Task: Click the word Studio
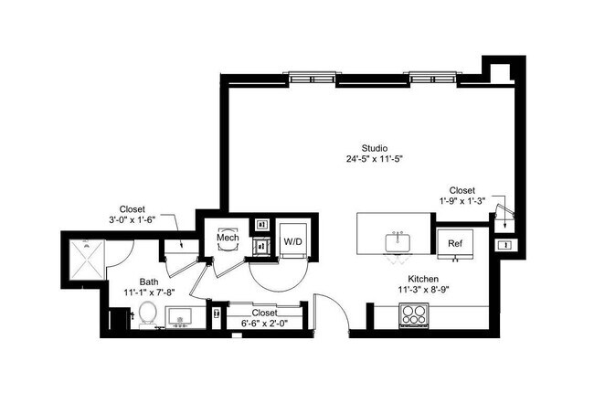point(375,147)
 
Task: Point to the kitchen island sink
point(398,244)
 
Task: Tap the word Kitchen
point(424,278)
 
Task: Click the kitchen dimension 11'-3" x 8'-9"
point(424,289)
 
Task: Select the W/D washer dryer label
point(293,242)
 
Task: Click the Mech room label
point(228,239)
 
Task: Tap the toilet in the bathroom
point(146,315)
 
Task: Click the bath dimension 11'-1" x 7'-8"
point(150,292)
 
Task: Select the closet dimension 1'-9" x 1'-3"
point(467,201)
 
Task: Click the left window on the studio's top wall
point(311,78)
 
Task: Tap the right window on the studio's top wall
point(434,78)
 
